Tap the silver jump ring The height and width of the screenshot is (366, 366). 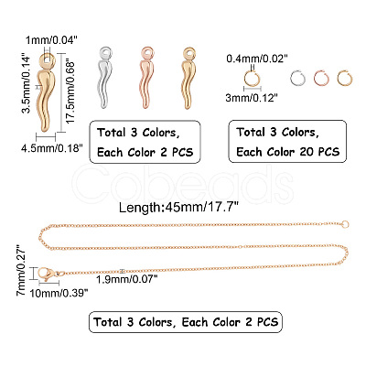[x=297, y=78]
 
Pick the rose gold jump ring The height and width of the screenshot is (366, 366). [x=321, y=78]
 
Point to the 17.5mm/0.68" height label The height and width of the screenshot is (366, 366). [x=70, y=92]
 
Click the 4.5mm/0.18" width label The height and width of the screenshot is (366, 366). [x=52, y=148]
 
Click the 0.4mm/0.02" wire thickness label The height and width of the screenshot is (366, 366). [x=257, y=59]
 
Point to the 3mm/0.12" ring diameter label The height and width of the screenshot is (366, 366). [x=252, y=98]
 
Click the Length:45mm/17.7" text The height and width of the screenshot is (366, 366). [x=178, y=208]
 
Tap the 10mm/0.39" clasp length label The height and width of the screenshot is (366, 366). [x=59, y=293]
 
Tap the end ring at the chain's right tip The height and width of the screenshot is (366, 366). [x=345, y=225]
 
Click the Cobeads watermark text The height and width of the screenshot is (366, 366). [x=184, y=184]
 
